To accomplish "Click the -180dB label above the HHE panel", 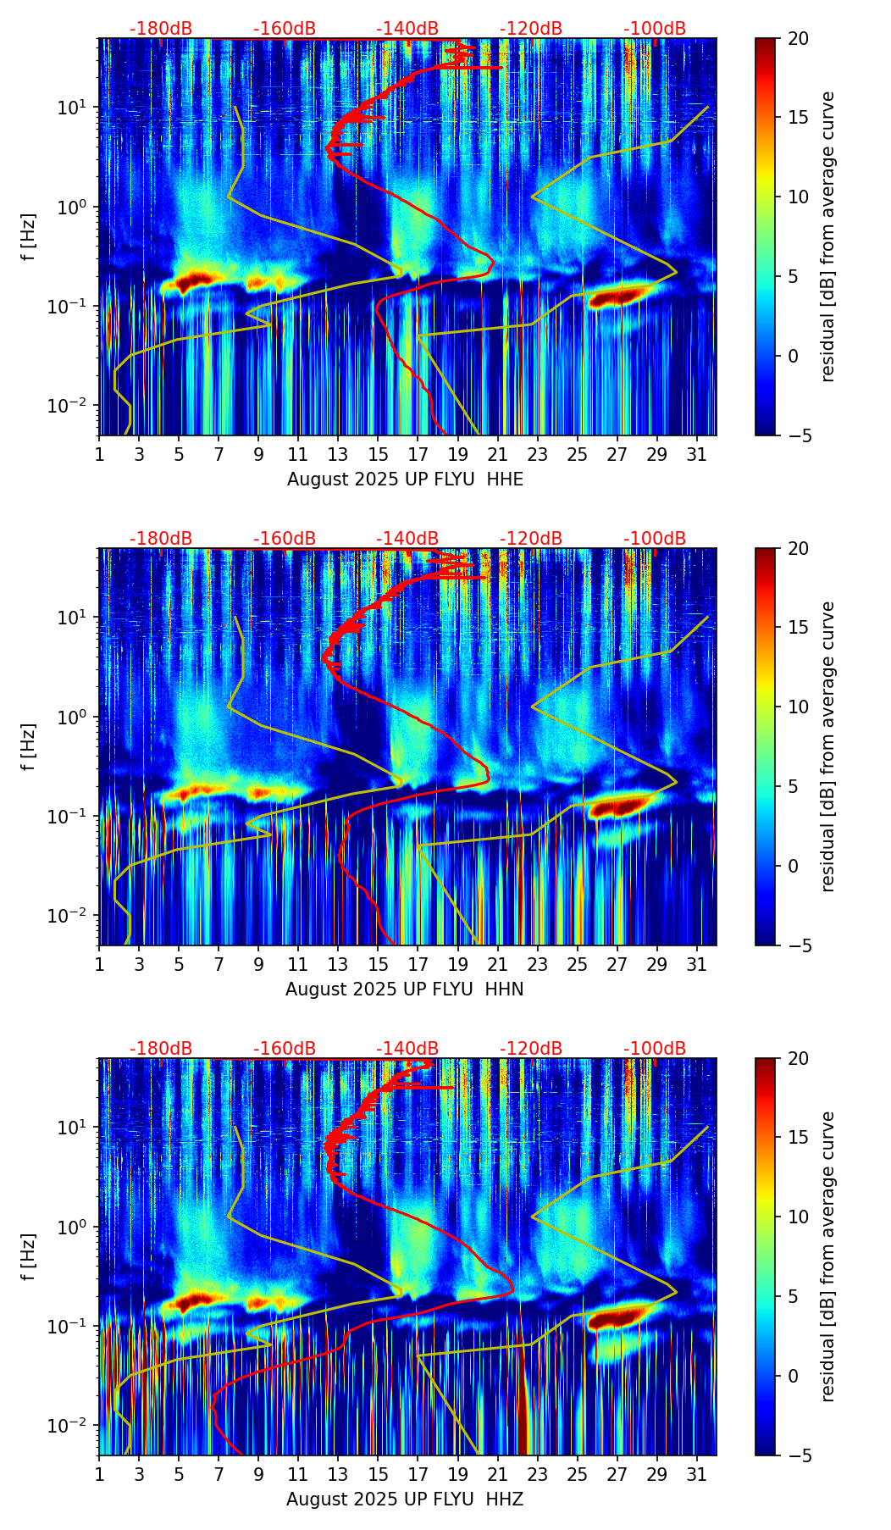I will click(161, 29).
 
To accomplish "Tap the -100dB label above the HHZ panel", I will click(655, 1049).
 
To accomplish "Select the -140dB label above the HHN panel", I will click(407, 539).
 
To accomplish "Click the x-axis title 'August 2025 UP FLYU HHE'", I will click(405, 480).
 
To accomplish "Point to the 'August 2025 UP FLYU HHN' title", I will click(405, 990).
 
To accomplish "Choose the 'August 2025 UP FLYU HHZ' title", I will click(405, 1500).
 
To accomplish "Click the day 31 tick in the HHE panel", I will click(696, 455).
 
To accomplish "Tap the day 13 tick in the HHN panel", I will click(338, 965).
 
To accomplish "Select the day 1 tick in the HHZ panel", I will click(99, 1475).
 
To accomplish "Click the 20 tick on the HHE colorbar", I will click(798, 38).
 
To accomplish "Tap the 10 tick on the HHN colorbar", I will click(798, 707).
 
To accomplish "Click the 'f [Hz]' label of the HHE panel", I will click(29, 236).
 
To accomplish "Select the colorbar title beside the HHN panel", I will click(828, 746).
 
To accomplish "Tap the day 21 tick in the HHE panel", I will click(497, 455).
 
